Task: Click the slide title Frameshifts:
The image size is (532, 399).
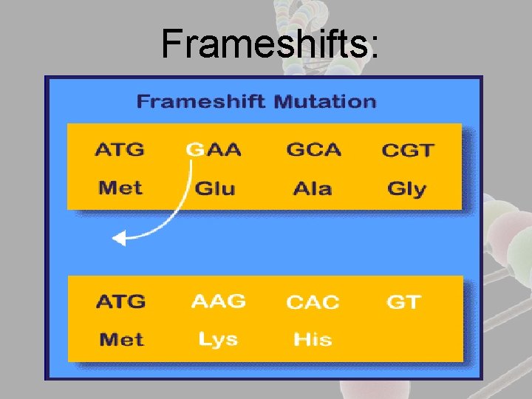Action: pyautogui.click(x=270, y=44)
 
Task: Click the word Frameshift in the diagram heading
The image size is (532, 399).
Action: pyautogui.click(x=201, y=101)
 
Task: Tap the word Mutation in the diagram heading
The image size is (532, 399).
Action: pyautogui.click(x=324, y=101)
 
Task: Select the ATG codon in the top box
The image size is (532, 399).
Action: pyautogui.click(x=120, y=149)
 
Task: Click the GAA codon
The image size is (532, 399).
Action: pyautogui.click(x=214, y=149)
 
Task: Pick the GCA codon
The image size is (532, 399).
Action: pyautogui.click(x=313, y=149)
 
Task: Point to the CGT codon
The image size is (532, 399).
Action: pyautogui.click(x=406, y=150)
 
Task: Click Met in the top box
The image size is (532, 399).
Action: pyautogui.click(x=120, y=188)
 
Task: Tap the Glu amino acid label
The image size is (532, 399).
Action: pyautogui.click(x=214, y=188)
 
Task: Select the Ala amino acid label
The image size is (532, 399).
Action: pyautogui.click(x=313, y=188)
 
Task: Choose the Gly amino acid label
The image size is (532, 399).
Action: pyautogui.click(x=406, y=189)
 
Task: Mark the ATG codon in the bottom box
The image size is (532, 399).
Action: pyautogui.click(x=120, y=301)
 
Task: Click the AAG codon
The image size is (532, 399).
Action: pyautogui.click(x=218, y=301)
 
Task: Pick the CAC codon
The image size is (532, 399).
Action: pyautogui.click(x=313, y=302)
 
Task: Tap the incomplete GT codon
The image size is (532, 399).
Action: pyautogui.click(x=403, y=301)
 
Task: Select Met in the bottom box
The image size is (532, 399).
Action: pyautogui.click(x=120, y=340)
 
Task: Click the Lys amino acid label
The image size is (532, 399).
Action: pyautogui.click(x=218, y=339)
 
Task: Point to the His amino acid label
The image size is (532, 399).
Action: pyautogui.click(x=313, y=340)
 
